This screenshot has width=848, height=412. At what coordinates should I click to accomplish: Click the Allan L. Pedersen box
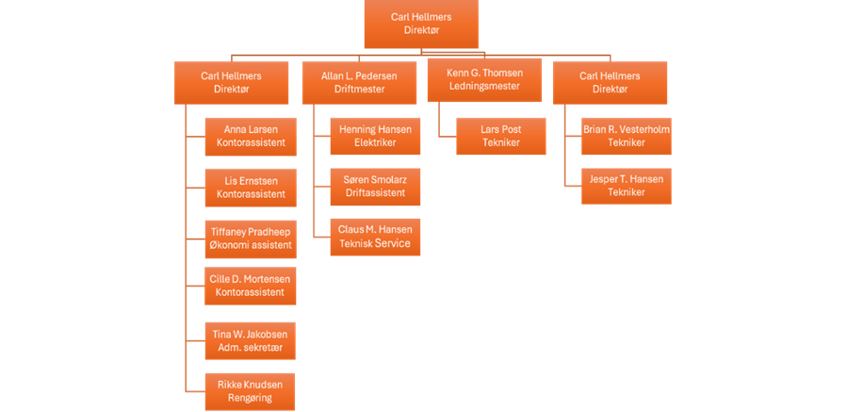(359, 82)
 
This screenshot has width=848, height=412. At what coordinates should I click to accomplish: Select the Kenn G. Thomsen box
(485, 80)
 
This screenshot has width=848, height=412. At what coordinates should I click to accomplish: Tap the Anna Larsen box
(251, 136)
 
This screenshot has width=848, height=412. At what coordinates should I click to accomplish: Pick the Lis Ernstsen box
(251, 187)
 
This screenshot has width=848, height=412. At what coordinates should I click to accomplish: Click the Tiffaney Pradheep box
(251, 238)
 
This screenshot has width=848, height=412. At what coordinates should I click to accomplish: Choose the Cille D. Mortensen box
(251, 286)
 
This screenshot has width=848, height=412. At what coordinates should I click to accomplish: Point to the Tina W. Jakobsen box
(251, 339)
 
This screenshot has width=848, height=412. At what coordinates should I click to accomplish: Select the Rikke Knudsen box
(251, 390)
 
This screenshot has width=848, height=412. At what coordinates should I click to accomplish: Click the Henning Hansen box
(375, 136)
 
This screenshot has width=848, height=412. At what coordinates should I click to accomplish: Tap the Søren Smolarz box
(375, 186)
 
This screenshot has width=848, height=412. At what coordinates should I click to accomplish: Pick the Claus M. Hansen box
(375, 236)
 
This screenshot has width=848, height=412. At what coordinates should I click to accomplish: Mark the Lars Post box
(501, 136)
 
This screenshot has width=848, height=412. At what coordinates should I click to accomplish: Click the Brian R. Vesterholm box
(627, 136)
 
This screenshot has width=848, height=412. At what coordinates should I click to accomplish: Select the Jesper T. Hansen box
(627, 185)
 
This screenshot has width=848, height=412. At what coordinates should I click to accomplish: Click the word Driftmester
(359, 89)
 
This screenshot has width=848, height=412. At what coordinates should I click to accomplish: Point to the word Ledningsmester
(485, 87)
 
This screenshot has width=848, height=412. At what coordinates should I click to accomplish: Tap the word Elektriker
(375, 142)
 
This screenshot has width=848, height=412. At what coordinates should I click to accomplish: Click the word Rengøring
(251, 397)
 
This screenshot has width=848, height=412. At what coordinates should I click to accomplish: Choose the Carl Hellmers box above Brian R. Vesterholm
(610, 82)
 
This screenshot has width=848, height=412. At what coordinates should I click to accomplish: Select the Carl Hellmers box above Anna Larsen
(232, 82)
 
